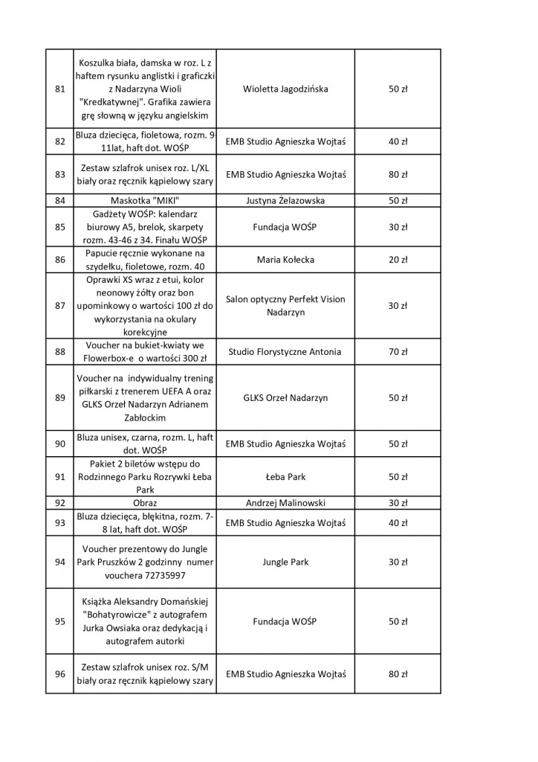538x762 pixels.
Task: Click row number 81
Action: click(x=60, y=89)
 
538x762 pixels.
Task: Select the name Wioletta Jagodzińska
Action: click(x=285, y=89)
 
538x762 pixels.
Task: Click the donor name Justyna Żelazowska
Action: click(x=285, y=200)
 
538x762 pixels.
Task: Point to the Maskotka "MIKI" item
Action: click(x=145, y=200)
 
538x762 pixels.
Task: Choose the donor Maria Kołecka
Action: click(x=285, y=260)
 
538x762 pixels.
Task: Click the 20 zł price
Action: click(x=398, y=260)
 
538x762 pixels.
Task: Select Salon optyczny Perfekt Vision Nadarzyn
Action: click(x=285, y=306)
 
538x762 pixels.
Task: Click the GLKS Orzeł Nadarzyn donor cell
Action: click(x=285, y=397)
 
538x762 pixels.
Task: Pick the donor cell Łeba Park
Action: click(x=285, y=476)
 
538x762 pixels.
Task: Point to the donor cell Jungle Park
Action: click(x=285, y=562)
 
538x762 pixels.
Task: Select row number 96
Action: click(x=60, y=674)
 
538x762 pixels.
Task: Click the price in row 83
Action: click(x=398, y=174)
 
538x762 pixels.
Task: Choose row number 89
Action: click(x=60, y=397)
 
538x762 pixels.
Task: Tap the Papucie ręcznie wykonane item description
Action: click(x=145, y=260)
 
